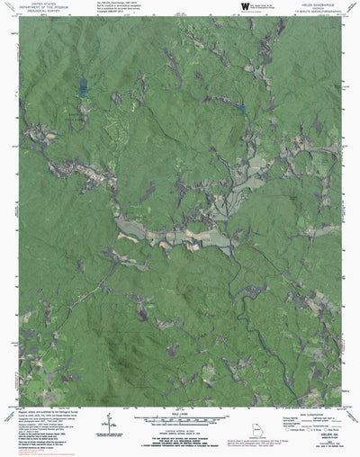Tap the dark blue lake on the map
pyautogui.click(x=83, y=86)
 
